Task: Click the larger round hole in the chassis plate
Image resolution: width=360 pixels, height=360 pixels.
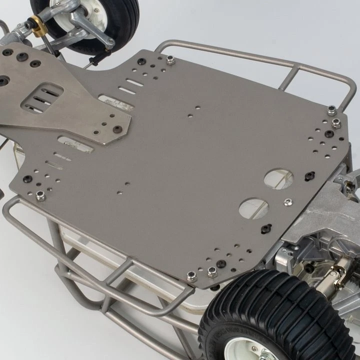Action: (x=278, y=178)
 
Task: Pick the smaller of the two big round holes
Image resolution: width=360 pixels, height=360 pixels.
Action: (x=253, y=208)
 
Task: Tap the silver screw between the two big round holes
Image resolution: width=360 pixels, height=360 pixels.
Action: (x=287, y=202)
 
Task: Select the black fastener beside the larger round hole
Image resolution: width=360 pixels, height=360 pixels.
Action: (x=309, y=175)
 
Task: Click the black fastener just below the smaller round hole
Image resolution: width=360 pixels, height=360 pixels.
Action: (x=265, y=228)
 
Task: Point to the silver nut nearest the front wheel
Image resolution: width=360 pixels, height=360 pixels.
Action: (x=170, y=60)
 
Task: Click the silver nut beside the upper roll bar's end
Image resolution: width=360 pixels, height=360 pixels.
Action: (x=332, y=110)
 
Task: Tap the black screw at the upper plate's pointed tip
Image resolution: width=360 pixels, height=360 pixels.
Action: (x=118, y=129)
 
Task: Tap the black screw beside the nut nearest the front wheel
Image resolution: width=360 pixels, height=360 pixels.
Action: (x=141, y=61)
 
